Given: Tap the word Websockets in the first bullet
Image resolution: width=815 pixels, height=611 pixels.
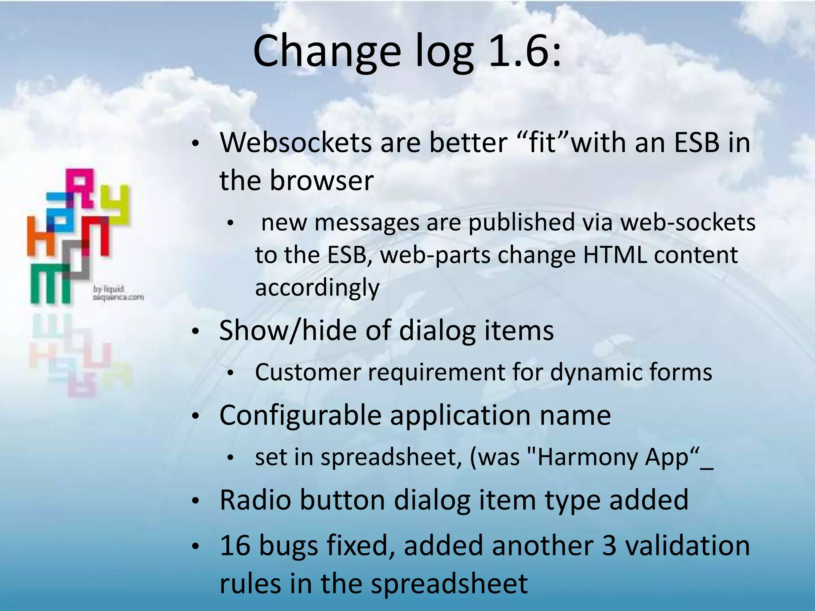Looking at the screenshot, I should (x=296, y=142).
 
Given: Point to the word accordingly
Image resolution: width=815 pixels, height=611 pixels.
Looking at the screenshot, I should (x=317, y=288).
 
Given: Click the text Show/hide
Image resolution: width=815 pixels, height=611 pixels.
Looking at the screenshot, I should (x=287, y=331).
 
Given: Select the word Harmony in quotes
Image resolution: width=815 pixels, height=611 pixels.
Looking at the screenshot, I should (x=587, y=457).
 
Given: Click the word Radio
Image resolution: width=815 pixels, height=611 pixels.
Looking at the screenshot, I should (x=255, y=500).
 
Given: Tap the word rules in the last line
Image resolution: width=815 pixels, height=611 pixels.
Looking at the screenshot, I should (x=250, y=584).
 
